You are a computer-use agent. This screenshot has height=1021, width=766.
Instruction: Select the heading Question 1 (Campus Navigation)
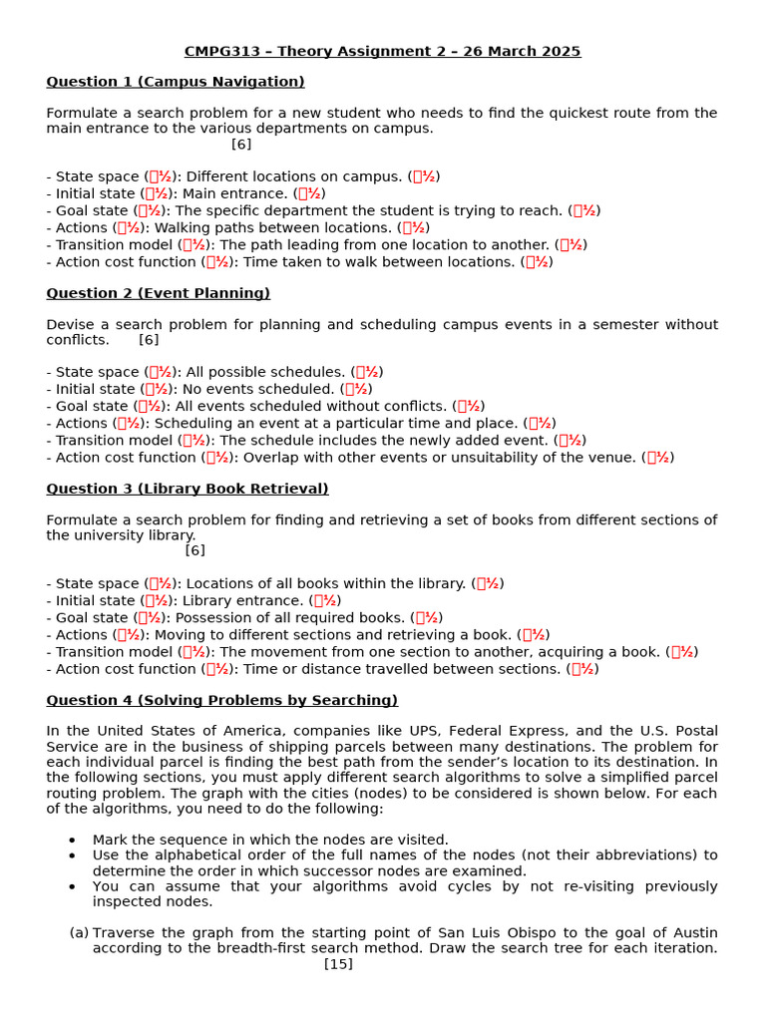tap(176, 82)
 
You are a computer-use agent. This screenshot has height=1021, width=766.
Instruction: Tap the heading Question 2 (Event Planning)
tap(158, 293)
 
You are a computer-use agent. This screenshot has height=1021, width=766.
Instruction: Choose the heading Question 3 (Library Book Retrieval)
tap(188, 489)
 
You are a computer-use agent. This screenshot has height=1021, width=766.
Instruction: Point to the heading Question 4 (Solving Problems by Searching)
tap(221, 700)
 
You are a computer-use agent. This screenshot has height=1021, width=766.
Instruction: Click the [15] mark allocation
tap(338, 964)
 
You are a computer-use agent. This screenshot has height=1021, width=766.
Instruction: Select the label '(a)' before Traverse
tap(79, 932)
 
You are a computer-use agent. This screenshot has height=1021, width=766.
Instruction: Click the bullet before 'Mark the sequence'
tap(72, 840)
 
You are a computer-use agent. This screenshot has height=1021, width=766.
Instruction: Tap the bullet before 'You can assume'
tap(72, 886)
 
